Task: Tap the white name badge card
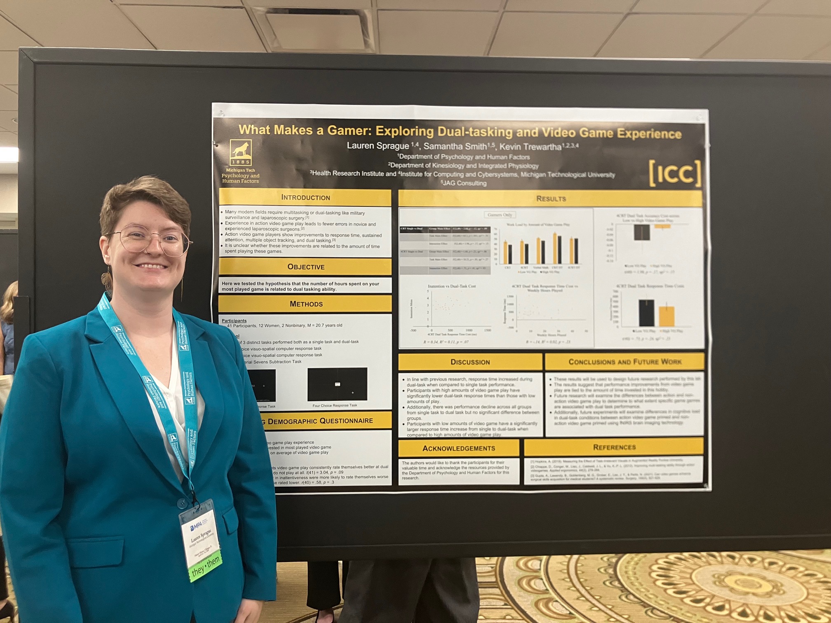point(201,536)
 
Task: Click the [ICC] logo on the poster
point(674,173)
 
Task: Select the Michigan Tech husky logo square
point(241,153)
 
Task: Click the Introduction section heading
point(305,197)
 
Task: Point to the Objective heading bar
point(305,267)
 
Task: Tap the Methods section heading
point(306,304)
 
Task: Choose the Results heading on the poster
point(551,199)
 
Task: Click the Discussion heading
point(470,362)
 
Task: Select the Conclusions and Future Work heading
point(624,362)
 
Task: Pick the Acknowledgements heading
point(458,448)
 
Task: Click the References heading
point(614,447)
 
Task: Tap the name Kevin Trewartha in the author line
point(530,147)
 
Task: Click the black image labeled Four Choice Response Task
point(337,384)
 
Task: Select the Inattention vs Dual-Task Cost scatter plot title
point(452,286)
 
